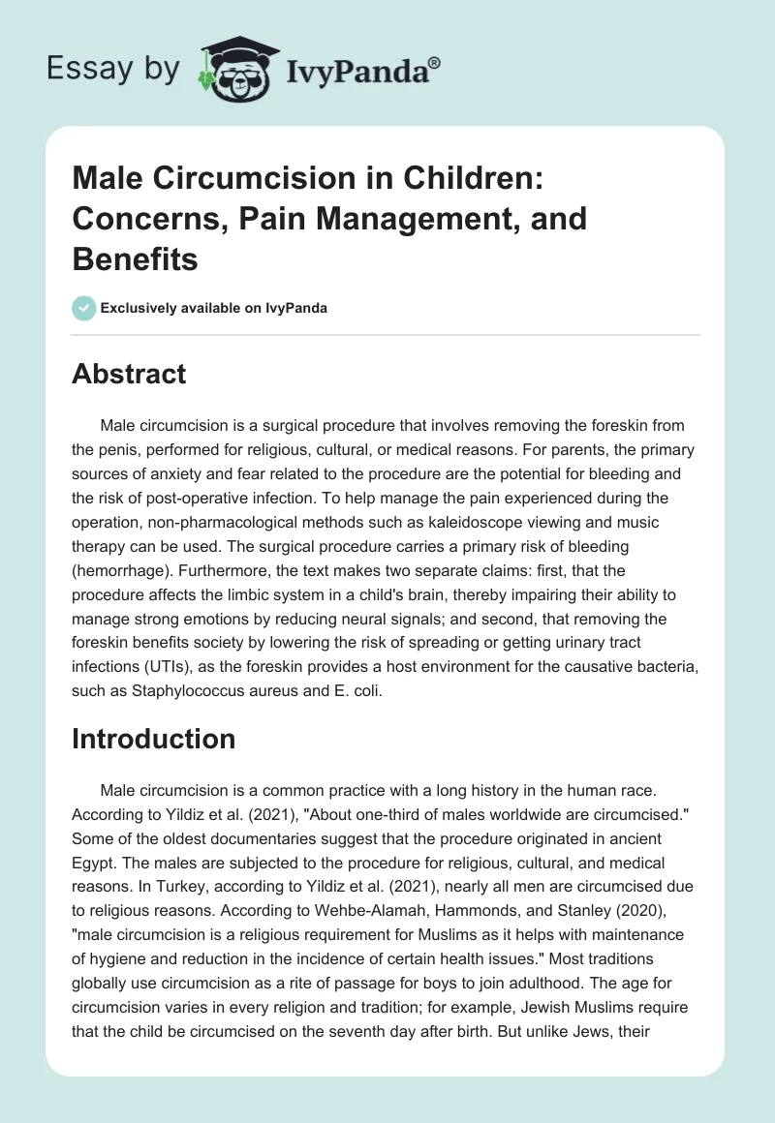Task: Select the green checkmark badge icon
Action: [x=83, y=308]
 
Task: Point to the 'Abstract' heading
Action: [x=129, y=374]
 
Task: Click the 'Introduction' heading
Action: [x=153, y=739]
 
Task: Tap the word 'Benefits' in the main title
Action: [x=135, y=259]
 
